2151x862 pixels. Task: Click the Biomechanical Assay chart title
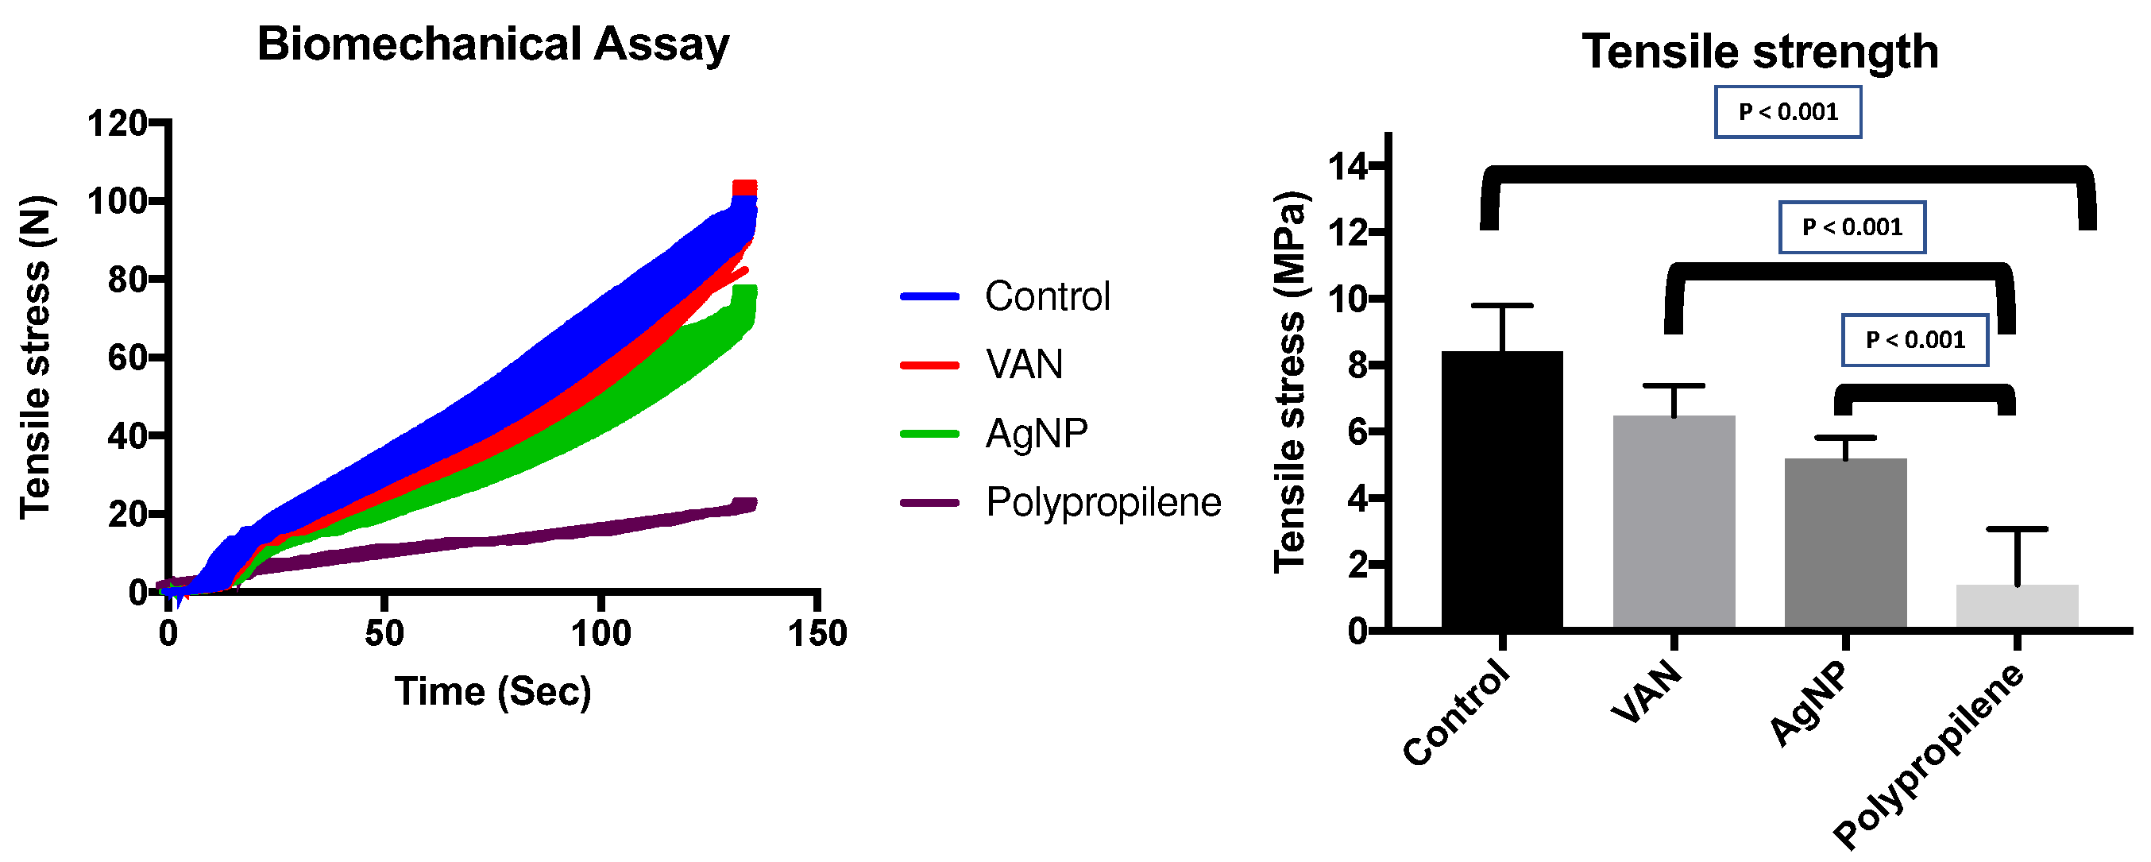[492, 44]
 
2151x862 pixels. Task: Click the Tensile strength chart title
[1759, 52]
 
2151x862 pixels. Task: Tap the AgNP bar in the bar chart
[1845, 542]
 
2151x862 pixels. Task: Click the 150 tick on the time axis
[817, 633]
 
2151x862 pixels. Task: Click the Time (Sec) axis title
[492, 692]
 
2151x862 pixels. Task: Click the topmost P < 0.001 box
[1788, 112]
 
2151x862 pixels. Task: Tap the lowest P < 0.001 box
[1914, 340]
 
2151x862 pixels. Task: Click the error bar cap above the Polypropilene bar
[2017, 529]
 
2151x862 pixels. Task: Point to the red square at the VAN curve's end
[744, 187]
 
